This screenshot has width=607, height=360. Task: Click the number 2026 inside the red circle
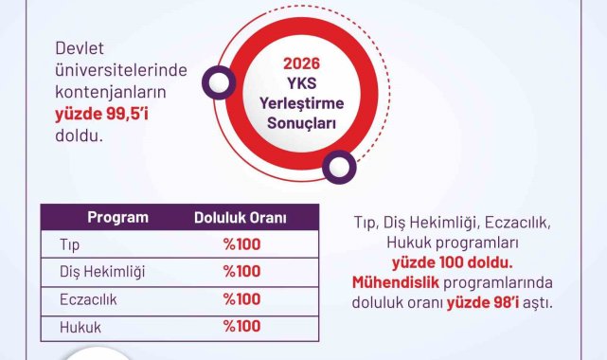301,63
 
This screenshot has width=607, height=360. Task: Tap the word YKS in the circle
301,83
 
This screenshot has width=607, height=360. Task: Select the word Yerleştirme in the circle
301,103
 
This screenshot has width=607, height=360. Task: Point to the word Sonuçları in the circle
301,123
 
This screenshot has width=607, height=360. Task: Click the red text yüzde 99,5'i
102,115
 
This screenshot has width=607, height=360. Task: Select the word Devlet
80,48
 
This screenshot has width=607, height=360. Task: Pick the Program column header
118,217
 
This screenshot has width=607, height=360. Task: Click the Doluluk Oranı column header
241,218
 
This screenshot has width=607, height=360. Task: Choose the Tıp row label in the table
70,245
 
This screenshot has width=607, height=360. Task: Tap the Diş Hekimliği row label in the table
102,272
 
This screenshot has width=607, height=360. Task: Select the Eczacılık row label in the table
88,299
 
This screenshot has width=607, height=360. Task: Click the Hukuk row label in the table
80,328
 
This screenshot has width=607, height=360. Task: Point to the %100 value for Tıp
242,244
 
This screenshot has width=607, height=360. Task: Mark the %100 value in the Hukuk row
242,326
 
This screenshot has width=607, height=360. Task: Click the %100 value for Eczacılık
242,299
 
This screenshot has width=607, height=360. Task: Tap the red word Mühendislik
396,282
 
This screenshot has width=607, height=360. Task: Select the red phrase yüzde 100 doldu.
453,262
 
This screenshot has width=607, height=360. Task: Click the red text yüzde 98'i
483,303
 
